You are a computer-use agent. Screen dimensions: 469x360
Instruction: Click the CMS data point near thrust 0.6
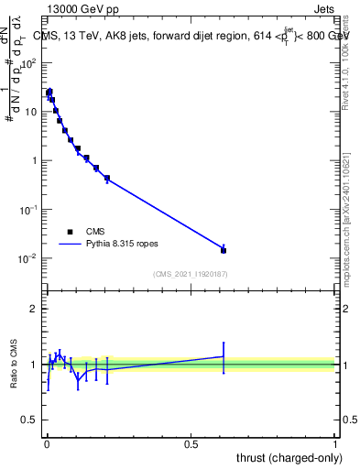click(224, 249)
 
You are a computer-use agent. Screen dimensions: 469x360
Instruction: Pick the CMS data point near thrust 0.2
click(107, 178)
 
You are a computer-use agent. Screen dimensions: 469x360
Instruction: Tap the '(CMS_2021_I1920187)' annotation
click(190, 274)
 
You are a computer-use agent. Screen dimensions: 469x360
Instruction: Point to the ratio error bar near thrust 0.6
click(224, 356)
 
